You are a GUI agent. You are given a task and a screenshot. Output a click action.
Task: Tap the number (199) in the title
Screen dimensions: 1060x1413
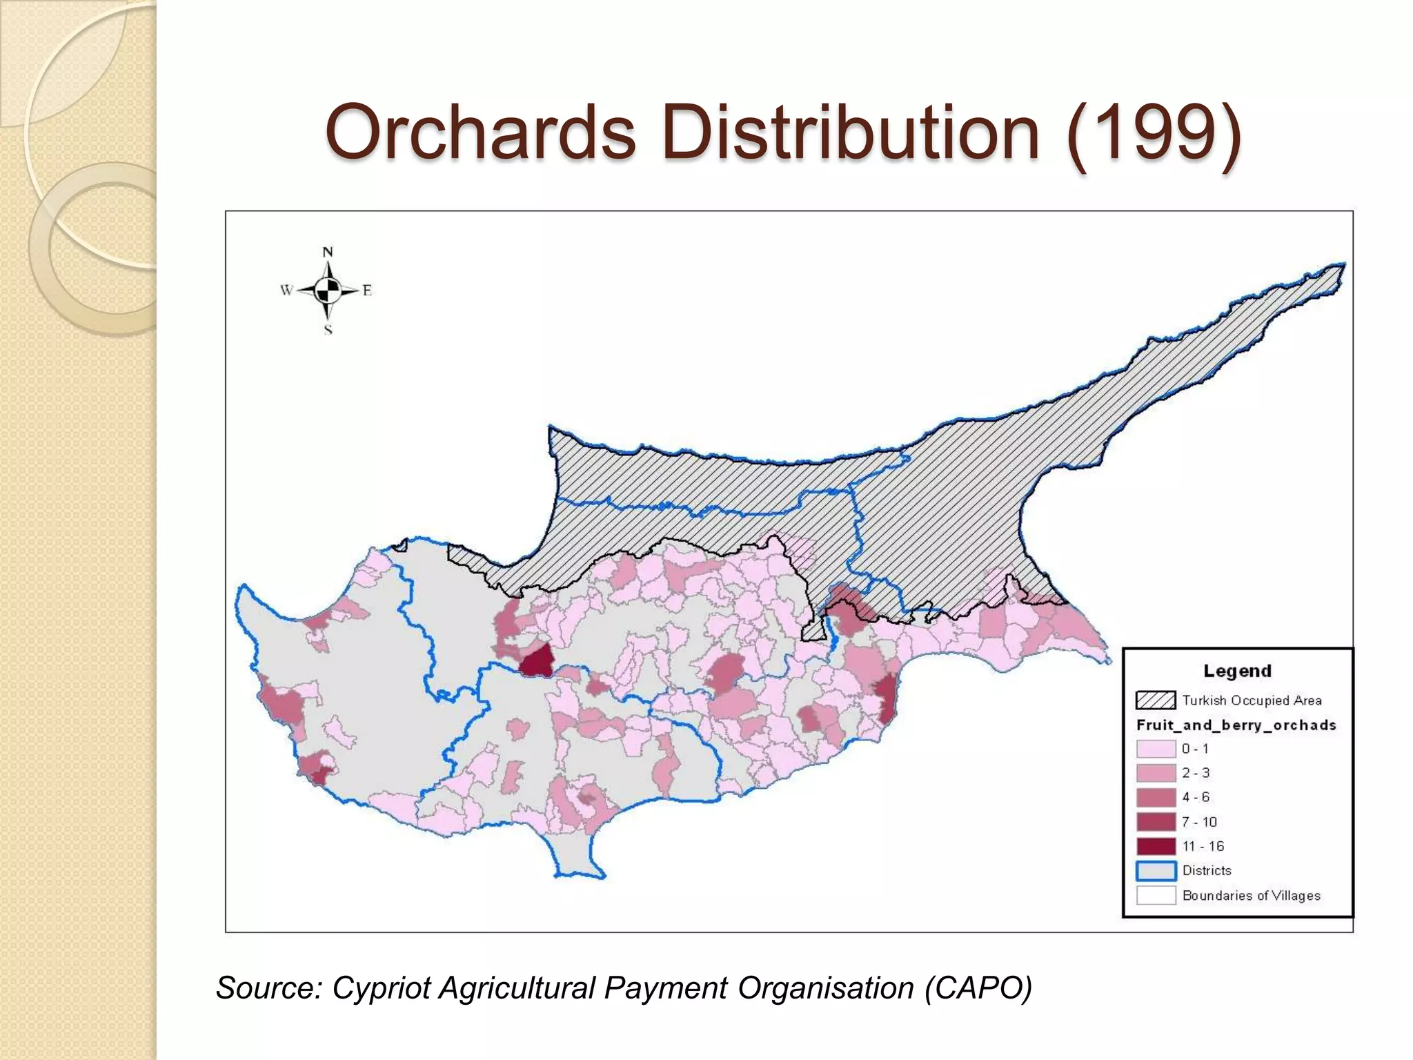[1153, 131]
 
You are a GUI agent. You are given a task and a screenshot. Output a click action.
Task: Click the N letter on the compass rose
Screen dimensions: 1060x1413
[328, 253]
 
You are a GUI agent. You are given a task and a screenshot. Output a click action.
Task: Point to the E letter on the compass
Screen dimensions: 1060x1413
[367, 291]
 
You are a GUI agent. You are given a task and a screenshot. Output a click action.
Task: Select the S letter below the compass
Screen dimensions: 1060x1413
[328, 330]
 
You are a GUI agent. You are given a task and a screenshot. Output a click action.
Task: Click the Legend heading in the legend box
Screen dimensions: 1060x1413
[1237, 671]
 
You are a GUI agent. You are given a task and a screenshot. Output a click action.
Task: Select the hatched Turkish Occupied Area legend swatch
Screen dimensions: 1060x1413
[1156, 700]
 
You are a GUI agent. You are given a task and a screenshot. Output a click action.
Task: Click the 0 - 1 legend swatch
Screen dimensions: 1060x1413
[1156, 749]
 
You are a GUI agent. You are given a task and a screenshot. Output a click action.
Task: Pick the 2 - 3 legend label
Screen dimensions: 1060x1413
[1196, 773]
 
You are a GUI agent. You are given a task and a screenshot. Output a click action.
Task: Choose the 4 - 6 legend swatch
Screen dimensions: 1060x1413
[1156, 798]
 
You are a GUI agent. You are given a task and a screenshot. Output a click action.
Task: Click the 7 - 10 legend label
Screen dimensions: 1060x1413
[1199, 822]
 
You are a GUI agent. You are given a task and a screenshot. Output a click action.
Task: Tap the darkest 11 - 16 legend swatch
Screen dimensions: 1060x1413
[1156, 846]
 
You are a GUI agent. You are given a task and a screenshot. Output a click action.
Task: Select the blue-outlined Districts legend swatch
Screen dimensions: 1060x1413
[1156, 871]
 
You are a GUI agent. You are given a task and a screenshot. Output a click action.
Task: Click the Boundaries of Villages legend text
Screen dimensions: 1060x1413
[1251, 896]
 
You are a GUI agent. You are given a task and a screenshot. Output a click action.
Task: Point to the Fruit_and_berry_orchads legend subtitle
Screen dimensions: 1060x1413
[1236, 725]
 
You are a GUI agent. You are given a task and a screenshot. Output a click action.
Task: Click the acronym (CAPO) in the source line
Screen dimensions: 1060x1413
[978, 988]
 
